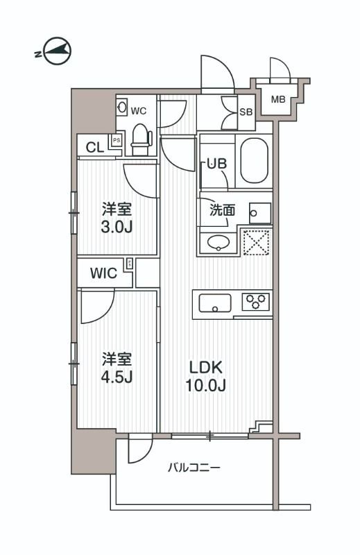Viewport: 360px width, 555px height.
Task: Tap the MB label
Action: click(278, 100)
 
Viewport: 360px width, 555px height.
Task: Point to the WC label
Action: click(139, 110)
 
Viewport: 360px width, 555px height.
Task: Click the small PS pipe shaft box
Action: click(117, 140)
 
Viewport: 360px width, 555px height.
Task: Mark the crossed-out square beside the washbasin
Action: click(255, 241)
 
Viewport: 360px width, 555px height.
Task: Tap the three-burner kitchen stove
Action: click(255, 302)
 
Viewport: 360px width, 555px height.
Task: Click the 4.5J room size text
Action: click(117, 377)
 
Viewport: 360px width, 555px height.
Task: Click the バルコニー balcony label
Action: click(194, 468)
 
